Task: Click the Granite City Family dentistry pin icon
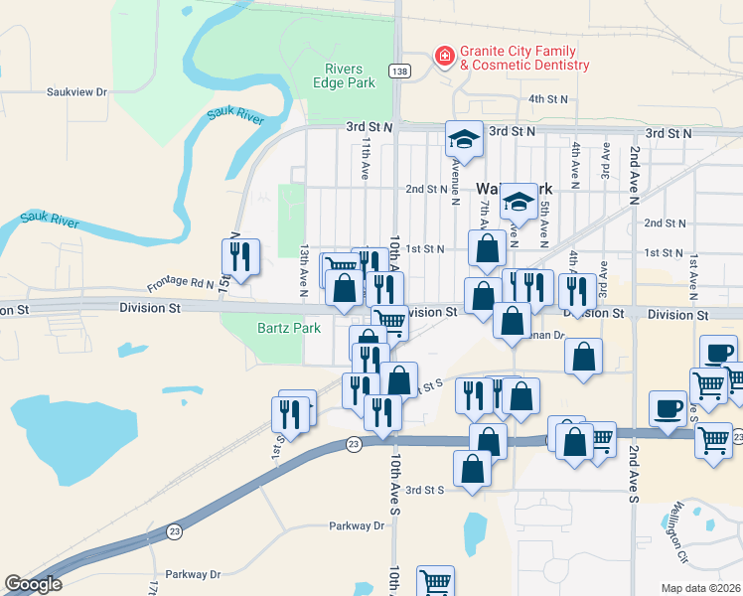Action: [444, 56]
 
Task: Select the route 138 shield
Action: [398, 71]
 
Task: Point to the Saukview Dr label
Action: [76, 91]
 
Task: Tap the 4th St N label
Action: [547, 99]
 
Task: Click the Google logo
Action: [33, 585]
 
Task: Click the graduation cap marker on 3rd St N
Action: [464, 139]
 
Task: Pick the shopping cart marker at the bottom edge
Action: [435, 582]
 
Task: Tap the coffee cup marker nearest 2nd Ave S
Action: [668, 407]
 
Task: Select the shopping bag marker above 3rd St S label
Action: [473, 468]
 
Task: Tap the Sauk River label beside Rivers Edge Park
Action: [235, 118]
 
